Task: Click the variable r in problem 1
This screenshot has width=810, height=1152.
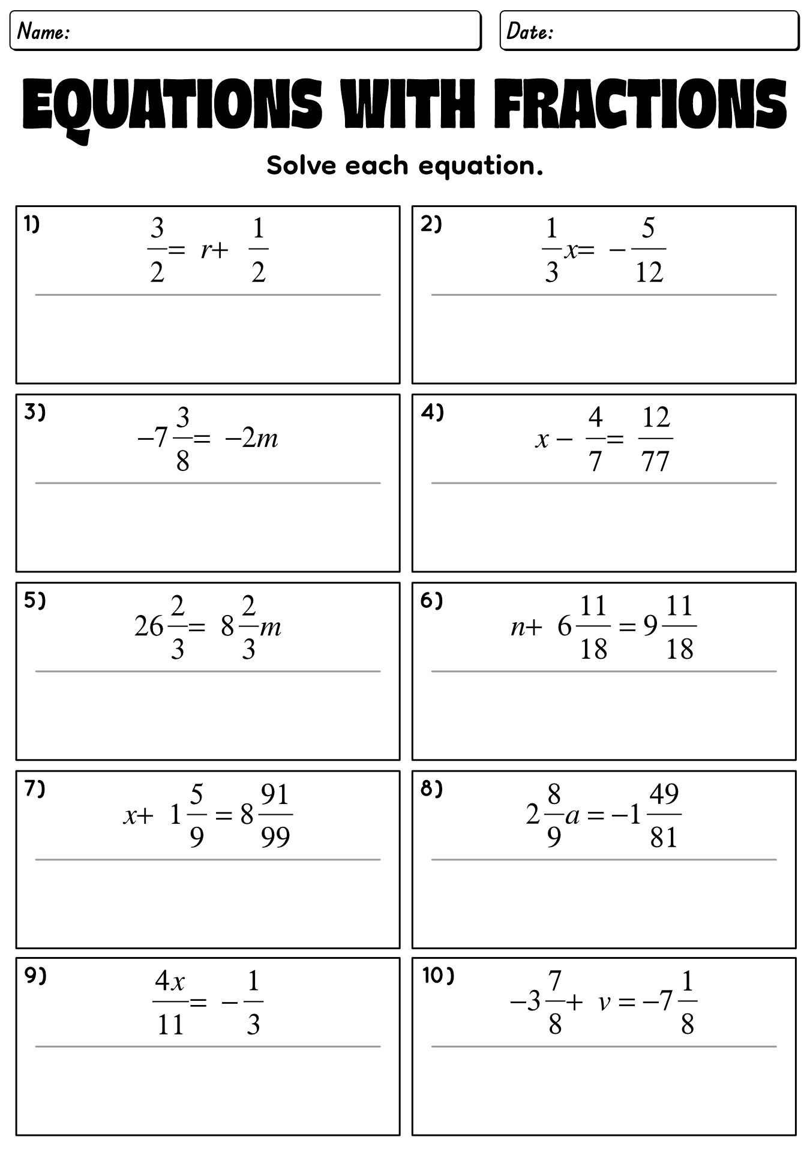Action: (x=206, y=249)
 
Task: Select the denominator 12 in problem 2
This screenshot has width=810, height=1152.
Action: (x=649, y=272)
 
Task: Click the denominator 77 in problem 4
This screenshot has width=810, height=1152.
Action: (x=655, y=461)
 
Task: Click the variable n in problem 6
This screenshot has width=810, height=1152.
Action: (x=518, y=627)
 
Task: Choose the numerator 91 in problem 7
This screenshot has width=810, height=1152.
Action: (x=275, y=795)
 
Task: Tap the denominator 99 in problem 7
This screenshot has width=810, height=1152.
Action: (x=275, y=836)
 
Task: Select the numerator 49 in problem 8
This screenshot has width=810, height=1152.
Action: (x=664, y=795)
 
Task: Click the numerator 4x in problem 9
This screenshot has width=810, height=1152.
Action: (x=170, y=982)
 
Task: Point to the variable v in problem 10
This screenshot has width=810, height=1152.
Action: (x=605, y=1003)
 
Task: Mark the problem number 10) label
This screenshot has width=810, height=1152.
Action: (x=438, y=976)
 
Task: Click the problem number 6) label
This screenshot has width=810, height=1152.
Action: (x=431, y=601)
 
